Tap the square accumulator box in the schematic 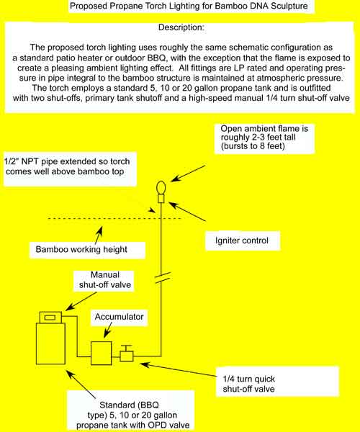(101, 351)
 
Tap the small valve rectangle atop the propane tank (50, 318)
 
